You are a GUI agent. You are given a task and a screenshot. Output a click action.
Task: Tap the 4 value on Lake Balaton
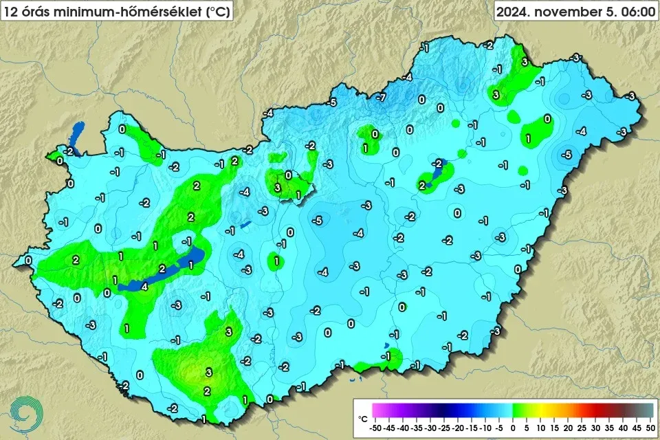(144, 287)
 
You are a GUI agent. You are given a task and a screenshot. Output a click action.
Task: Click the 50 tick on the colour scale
(648, 427)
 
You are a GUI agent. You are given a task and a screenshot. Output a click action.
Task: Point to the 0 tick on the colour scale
(513, 427)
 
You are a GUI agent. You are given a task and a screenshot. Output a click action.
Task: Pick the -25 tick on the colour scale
(445, 427)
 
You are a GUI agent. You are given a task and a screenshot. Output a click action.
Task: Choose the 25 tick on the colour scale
(581, 427)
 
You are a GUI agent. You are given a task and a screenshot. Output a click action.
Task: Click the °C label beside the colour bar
(362, 417)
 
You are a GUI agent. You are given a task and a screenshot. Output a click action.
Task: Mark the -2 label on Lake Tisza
(439, 163)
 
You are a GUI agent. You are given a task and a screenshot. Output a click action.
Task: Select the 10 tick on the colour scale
(540, 427)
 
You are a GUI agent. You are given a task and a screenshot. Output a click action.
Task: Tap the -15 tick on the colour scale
(472, 427)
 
